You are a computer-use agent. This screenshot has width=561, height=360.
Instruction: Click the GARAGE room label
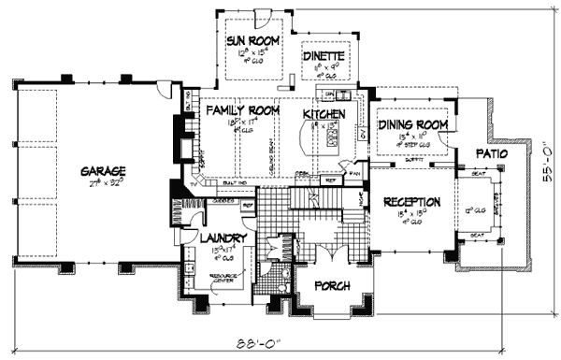pos(103,171)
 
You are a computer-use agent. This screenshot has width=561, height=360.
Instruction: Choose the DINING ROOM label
pos(414,124)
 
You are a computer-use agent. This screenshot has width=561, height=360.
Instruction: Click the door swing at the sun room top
pos(264,16)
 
